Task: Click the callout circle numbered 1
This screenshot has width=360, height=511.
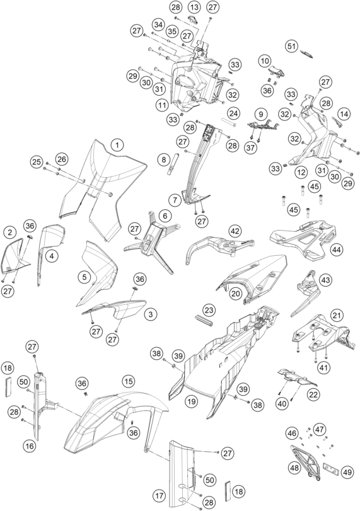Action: [117, 145]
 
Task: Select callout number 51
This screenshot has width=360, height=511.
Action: [291, 46]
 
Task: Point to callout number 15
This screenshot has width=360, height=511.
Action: [129, 381]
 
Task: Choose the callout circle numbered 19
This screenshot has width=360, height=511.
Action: [192, 401]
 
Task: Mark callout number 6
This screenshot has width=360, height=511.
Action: [165, 215]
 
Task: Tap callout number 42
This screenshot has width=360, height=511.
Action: [235, 231]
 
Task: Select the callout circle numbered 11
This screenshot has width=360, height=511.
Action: [162, 105]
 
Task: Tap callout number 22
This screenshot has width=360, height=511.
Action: [313, 394]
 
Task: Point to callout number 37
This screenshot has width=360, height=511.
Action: [250, 147]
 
